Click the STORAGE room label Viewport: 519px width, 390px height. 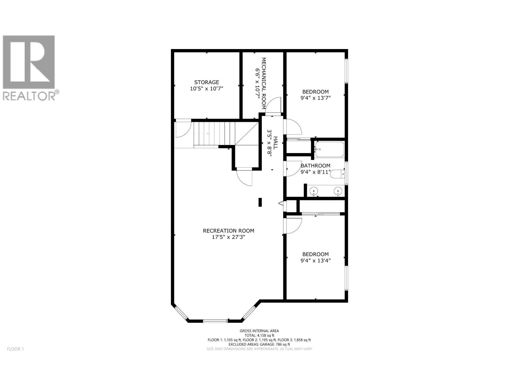coord(207,82)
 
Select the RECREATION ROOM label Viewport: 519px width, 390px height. coord(228,231)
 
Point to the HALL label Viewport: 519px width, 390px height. coord(275,142)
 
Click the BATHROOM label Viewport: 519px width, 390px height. coord(315,166)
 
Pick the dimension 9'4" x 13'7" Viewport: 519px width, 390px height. coord(316,97)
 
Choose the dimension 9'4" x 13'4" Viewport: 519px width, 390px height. coord(316,260)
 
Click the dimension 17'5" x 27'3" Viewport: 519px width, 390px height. coord(228,237)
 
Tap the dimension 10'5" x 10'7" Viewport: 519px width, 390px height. coord(207,88)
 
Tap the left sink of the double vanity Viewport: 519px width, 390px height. coord(314,191)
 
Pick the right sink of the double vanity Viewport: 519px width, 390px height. coord(338,191)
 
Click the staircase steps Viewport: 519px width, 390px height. coord(214,133)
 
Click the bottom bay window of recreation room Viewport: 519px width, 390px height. coord(215,321)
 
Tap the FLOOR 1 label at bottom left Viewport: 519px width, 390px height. coord(15,349)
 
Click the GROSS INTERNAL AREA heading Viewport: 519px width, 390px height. coord(259,331)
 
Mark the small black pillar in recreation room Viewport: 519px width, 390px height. coord(260,202)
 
